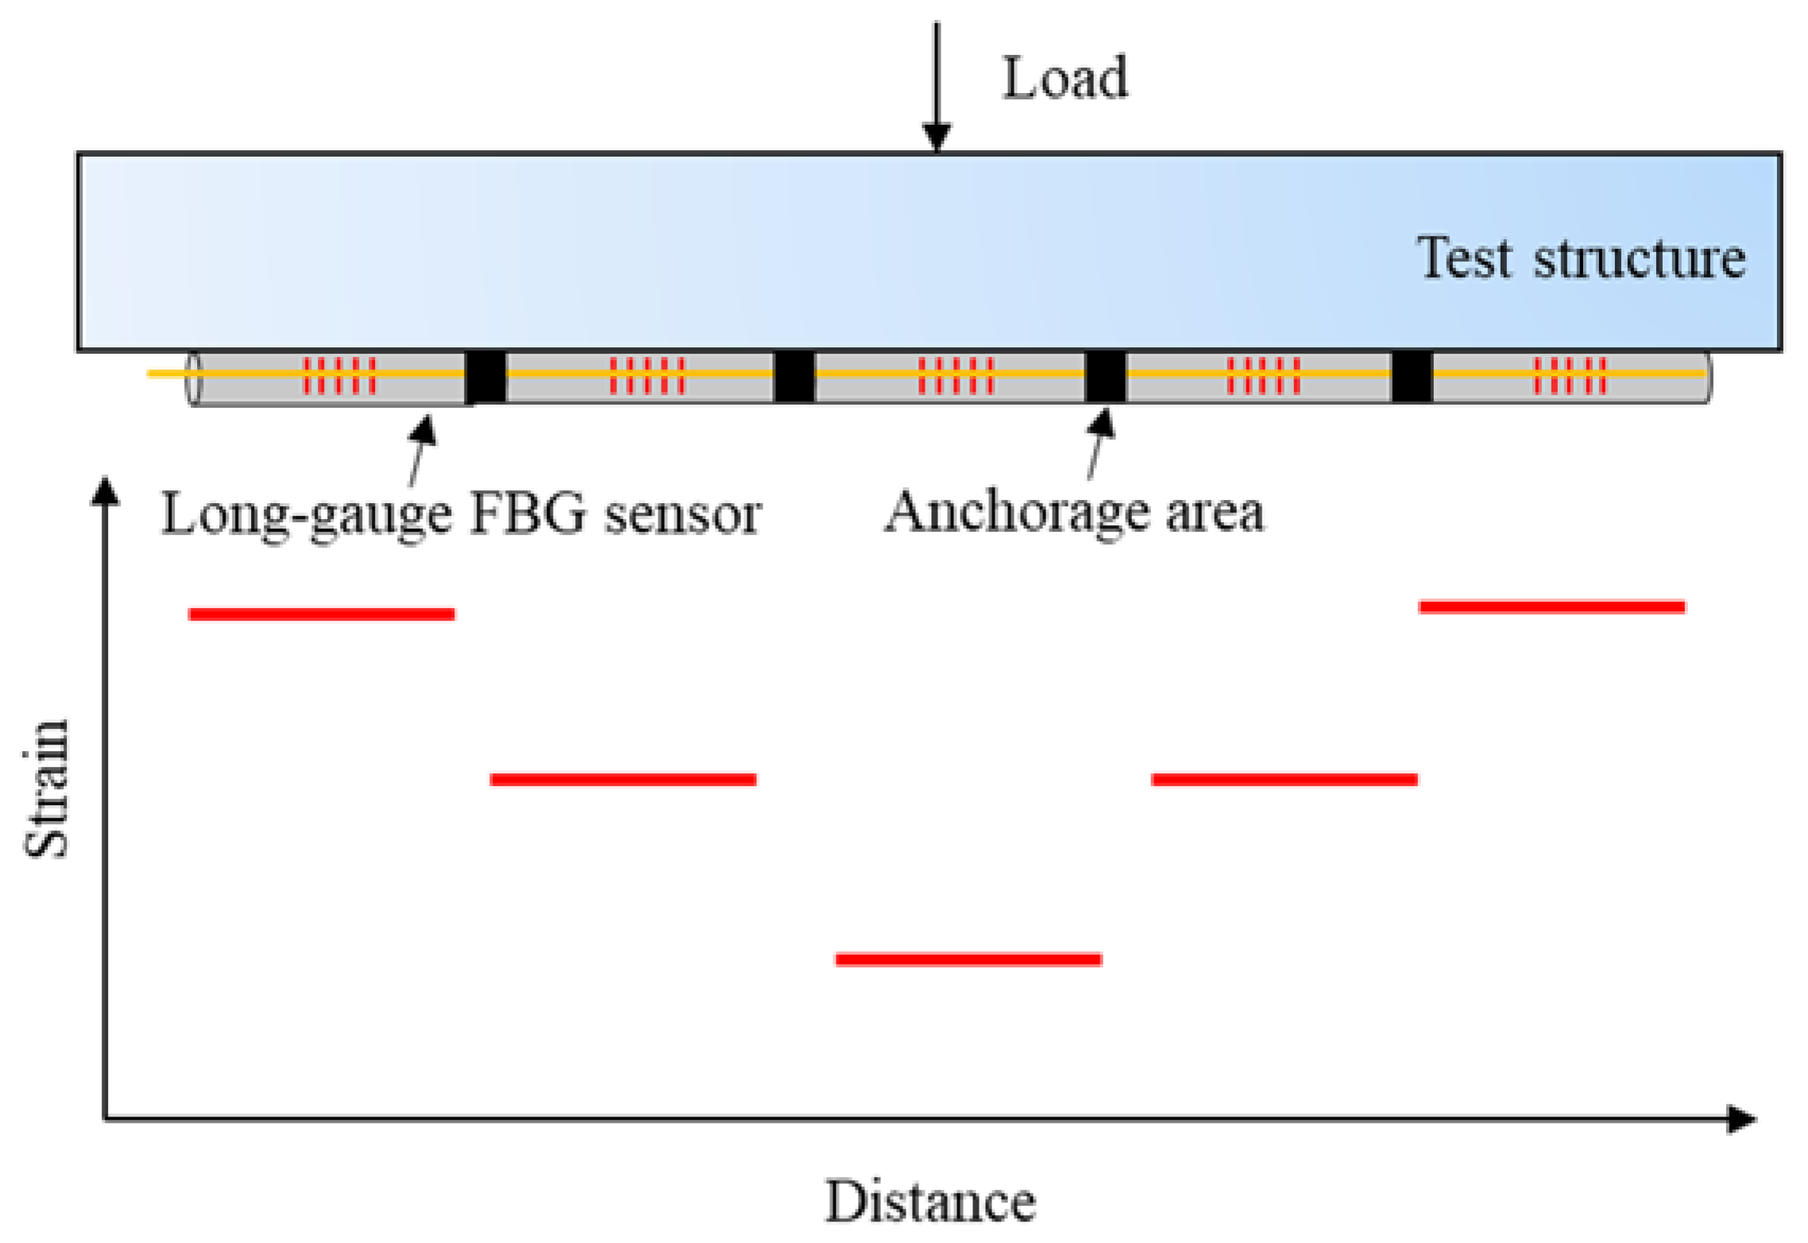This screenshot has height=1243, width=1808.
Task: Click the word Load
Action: (x=1064, y=79)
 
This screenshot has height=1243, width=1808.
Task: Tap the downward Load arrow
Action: (x=937, y=87)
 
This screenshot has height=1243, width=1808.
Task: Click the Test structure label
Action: (x=1580, y=258)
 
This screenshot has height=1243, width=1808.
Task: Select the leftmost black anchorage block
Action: (x=485, y=377)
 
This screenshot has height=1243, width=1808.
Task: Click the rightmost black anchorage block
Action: (x=1411, y=377)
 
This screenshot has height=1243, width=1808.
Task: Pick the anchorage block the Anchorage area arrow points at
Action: (x=1104, y=377)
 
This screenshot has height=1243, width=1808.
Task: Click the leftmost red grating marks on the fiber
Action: (x=339, y=376)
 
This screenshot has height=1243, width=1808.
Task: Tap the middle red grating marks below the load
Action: (x=956, y=376)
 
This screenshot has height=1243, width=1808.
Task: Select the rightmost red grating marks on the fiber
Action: (x=1569, y=376)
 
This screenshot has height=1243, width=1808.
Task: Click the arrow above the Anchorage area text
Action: (x=1098, y=445)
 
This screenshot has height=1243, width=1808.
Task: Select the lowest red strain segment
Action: (x=968, y=959)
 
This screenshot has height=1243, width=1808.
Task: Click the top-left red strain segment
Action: (x=321, y=614)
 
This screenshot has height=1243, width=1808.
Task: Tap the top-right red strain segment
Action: (x=1551, y=607)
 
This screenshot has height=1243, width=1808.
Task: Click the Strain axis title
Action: (x=46, y=788)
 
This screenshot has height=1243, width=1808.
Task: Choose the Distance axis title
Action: (x=930, y=1201)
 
